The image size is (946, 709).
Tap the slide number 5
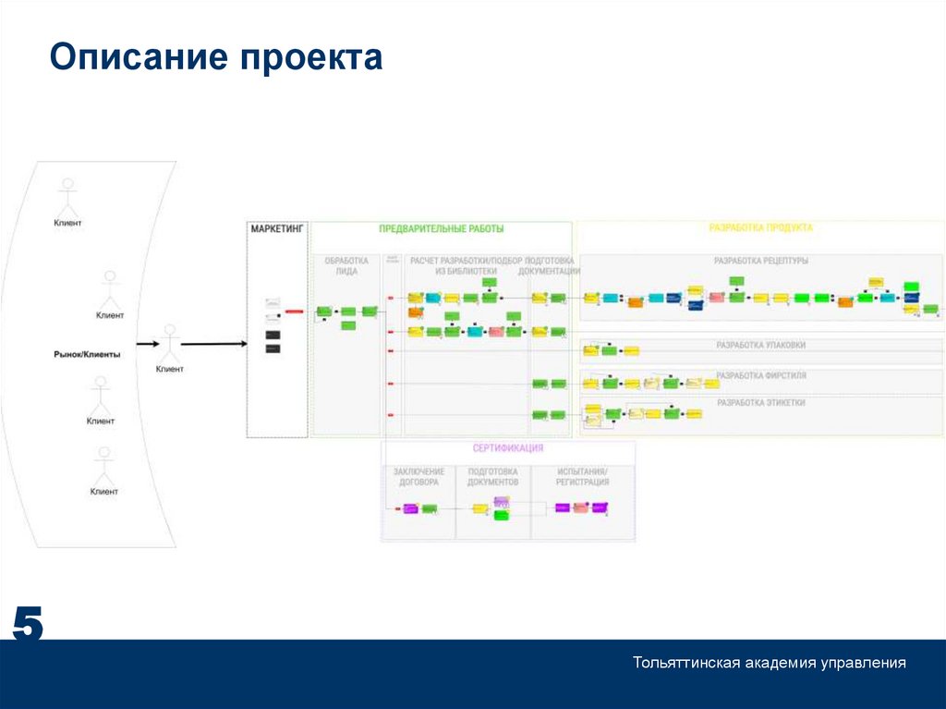tap(27, 626)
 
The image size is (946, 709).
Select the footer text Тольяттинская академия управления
tap(769, 663)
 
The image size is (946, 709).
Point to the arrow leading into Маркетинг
tap(213, 344)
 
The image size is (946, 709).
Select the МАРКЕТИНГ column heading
tap(276, 228)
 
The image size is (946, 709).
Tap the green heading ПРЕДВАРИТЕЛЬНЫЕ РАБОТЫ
tap(441, 228)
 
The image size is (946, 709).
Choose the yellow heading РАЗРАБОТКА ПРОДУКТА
tap(760, 227)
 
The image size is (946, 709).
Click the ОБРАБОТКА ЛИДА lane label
tap(346, 266)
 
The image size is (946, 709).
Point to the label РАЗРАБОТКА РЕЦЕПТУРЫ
tap(760, 261)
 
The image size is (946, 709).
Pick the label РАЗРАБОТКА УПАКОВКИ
tap(760, 345)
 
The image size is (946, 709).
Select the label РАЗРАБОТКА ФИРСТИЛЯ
tap(760, 375)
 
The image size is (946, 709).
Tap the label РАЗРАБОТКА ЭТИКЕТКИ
tap(760, 403)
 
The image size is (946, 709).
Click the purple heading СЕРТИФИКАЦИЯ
tap(507, 448)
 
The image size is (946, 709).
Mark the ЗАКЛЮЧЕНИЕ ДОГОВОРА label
tap(418, 477)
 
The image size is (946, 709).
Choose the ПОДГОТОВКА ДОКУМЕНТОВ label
tap(492, 477)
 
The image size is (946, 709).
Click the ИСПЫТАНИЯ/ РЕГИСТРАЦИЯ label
tap(582, 477)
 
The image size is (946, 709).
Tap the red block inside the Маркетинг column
tap(295, 312)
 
